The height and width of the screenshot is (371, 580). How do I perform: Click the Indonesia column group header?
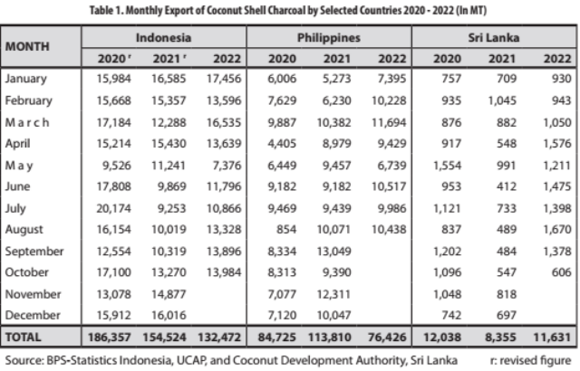coord(163,38)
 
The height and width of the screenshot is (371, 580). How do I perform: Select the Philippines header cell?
coord(329,38)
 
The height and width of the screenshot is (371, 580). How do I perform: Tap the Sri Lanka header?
coord(494,38)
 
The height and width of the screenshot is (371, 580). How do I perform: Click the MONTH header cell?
coord(27,46)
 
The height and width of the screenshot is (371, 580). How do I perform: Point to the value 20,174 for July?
coord(113,208)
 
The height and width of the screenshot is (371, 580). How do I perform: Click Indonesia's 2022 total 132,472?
coord(219,337)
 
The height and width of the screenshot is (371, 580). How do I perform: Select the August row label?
coord(24,230)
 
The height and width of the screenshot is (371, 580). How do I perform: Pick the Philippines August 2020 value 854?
coord(286,230)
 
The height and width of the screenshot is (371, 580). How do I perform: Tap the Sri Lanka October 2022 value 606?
coord(562,272)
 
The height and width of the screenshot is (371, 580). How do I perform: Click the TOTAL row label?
coord(23,338)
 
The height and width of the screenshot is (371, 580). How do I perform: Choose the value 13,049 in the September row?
coord(333,252)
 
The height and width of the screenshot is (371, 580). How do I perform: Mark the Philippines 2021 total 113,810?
coord(330,337)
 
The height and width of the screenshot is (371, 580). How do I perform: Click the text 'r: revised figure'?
coord(530,360)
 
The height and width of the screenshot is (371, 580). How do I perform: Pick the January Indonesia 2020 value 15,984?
coord(113,79)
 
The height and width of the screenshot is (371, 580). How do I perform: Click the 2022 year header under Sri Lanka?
coord(557,59)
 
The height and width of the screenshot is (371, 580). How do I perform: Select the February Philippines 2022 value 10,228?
coord(389,100)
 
